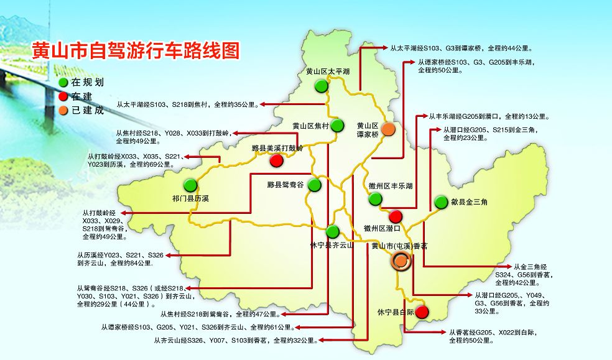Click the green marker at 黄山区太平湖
pos(320,86)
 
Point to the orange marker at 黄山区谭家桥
pos(387,129)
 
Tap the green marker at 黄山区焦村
pos(338,126)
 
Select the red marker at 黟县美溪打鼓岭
pos(277,161)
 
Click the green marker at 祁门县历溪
pos(190,185)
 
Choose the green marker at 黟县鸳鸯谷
pos(315,185)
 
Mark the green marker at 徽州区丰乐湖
pos(375,199)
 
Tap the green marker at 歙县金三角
pos(441,202)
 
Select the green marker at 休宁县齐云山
pos(333,232)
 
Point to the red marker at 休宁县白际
pos(422,312)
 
